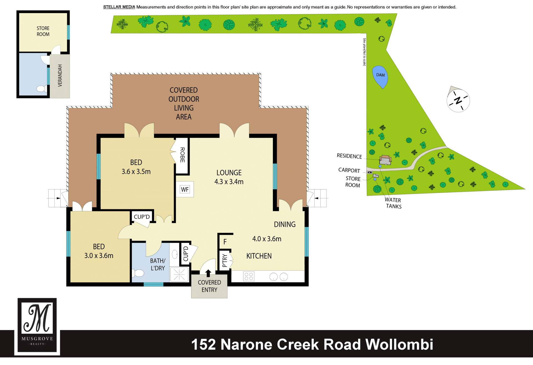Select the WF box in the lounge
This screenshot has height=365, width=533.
point(185,189)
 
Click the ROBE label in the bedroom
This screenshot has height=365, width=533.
point(182,155)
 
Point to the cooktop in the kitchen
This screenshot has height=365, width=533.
point(248,276)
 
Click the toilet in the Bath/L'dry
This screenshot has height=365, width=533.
point(138,273)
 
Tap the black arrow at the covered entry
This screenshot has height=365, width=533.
point(208,273)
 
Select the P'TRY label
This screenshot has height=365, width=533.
point(225,260)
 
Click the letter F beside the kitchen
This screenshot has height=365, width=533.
point(225,242)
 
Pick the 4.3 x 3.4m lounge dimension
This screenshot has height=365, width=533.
point(229,182)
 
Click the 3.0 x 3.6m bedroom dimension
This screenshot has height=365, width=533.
point(99,256)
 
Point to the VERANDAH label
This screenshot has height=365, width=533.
point(60,75)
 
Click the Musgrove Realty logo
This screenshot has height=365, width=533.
point(37,326)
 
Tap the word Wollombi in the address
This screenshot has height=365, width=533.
point(399,344)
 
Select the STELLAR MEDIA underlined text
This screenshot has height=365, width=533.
point(119,7)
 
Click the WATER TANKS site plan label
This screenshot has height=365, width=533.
point(393,203)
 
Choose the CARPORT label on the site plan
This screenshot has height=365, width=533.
point(349,170)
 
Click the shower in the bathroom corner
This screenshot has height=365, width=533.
point(179,275)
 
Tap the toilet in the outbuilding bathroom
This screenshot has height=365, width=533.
point(41,89)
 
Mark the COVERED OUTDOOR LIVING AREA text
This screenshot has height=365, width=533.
point(184,103)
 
